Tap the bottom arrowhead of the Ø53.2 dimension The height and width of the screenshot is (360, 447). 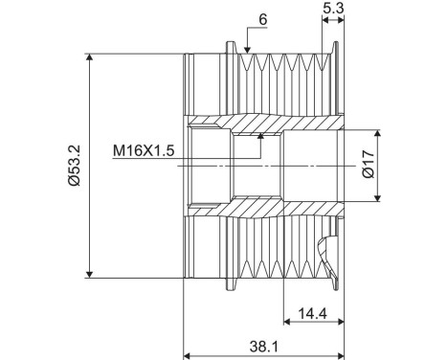click(x=91, y=275)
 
